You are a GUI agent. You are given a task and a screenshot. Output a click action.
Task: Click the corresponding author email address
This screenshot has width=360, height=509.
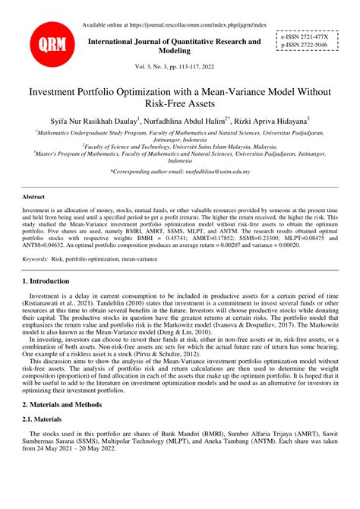222,172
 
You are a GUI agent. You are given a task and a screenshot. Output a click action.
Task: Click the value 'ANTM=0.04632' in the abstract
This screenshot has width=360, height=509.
45,246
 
